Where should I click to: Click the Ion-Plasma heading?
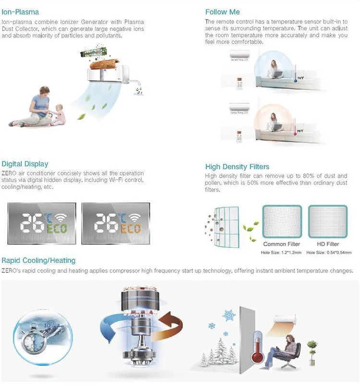pyautogui.click(x=20, y=12)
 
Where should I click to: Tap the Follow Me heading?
pyautogui.click(x=222, y=12)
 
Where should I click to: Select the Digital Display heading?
pyautogui.click(x=25, y=164)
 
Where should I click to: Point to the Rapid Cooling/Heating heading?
pyautogui.click(x=38, y=260)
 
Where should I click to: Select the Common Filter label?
pyautogui.click(x=282, y=245)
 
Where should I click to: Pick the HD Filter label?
pyautogui.click(x=328, y=245)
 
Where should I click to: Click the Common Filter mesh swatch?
pyautogui.click(x=282, y=221)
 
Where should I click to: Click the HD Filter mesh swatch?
pyautogui.click(x=328, y=221)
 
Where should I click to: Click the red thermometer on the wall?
pyautogui.click(x=258, y=347)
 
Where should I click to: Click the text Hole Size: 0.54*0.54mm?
pyautogui.click(x=329, y=252)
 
